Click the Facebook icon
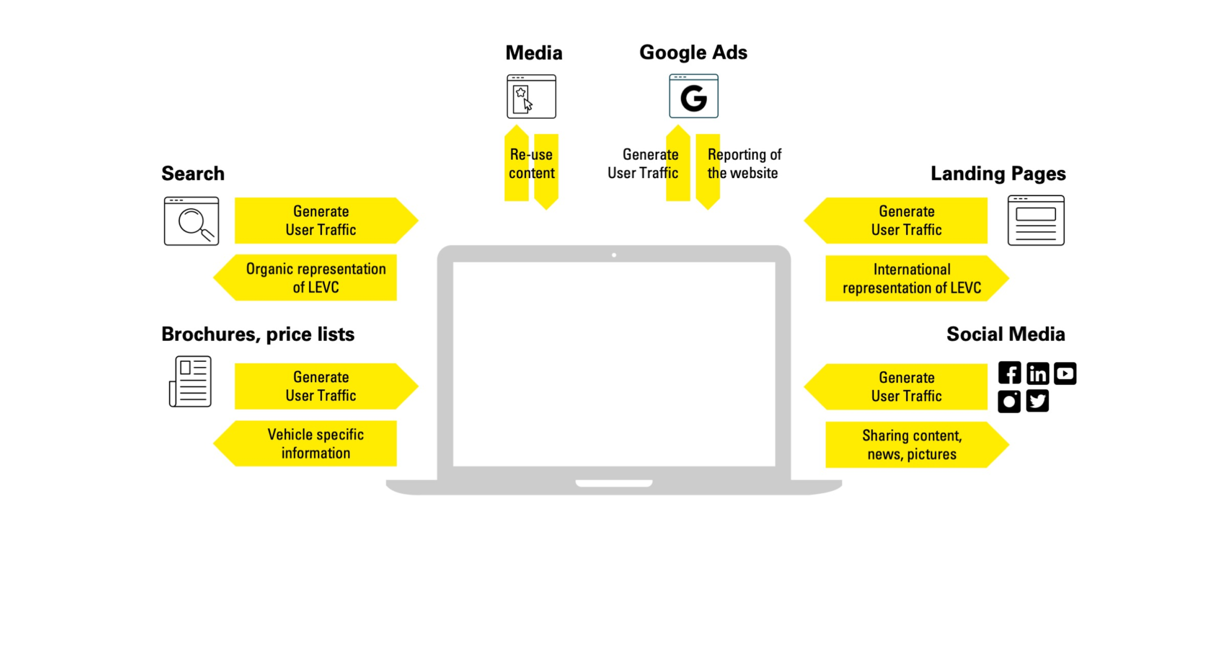coord(1009,373)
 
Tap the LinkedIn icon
coord(1037,373)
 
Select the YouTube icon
coord(1065,373)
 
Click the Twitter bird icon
coord(1037,401)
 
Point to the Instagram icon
coord(1009,401)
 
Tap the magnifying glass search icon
coord(191,221)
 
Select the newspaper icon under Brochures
coord(191,381)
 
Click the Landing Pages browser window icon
coord(1036,220)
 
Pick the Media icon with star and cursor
coord(531,97)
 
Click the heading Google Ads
coord(693,52)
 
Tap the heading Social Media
coord(1005,334)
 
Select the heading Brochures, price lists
coord(258,334)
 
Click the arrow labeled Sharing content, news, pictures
coord(912,445)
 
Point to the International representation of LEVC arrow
coord(912,279)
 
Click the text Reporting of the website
coord(744,164)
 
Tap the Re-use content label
coord(531,164)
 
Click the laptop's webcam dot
coord(614,255)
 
